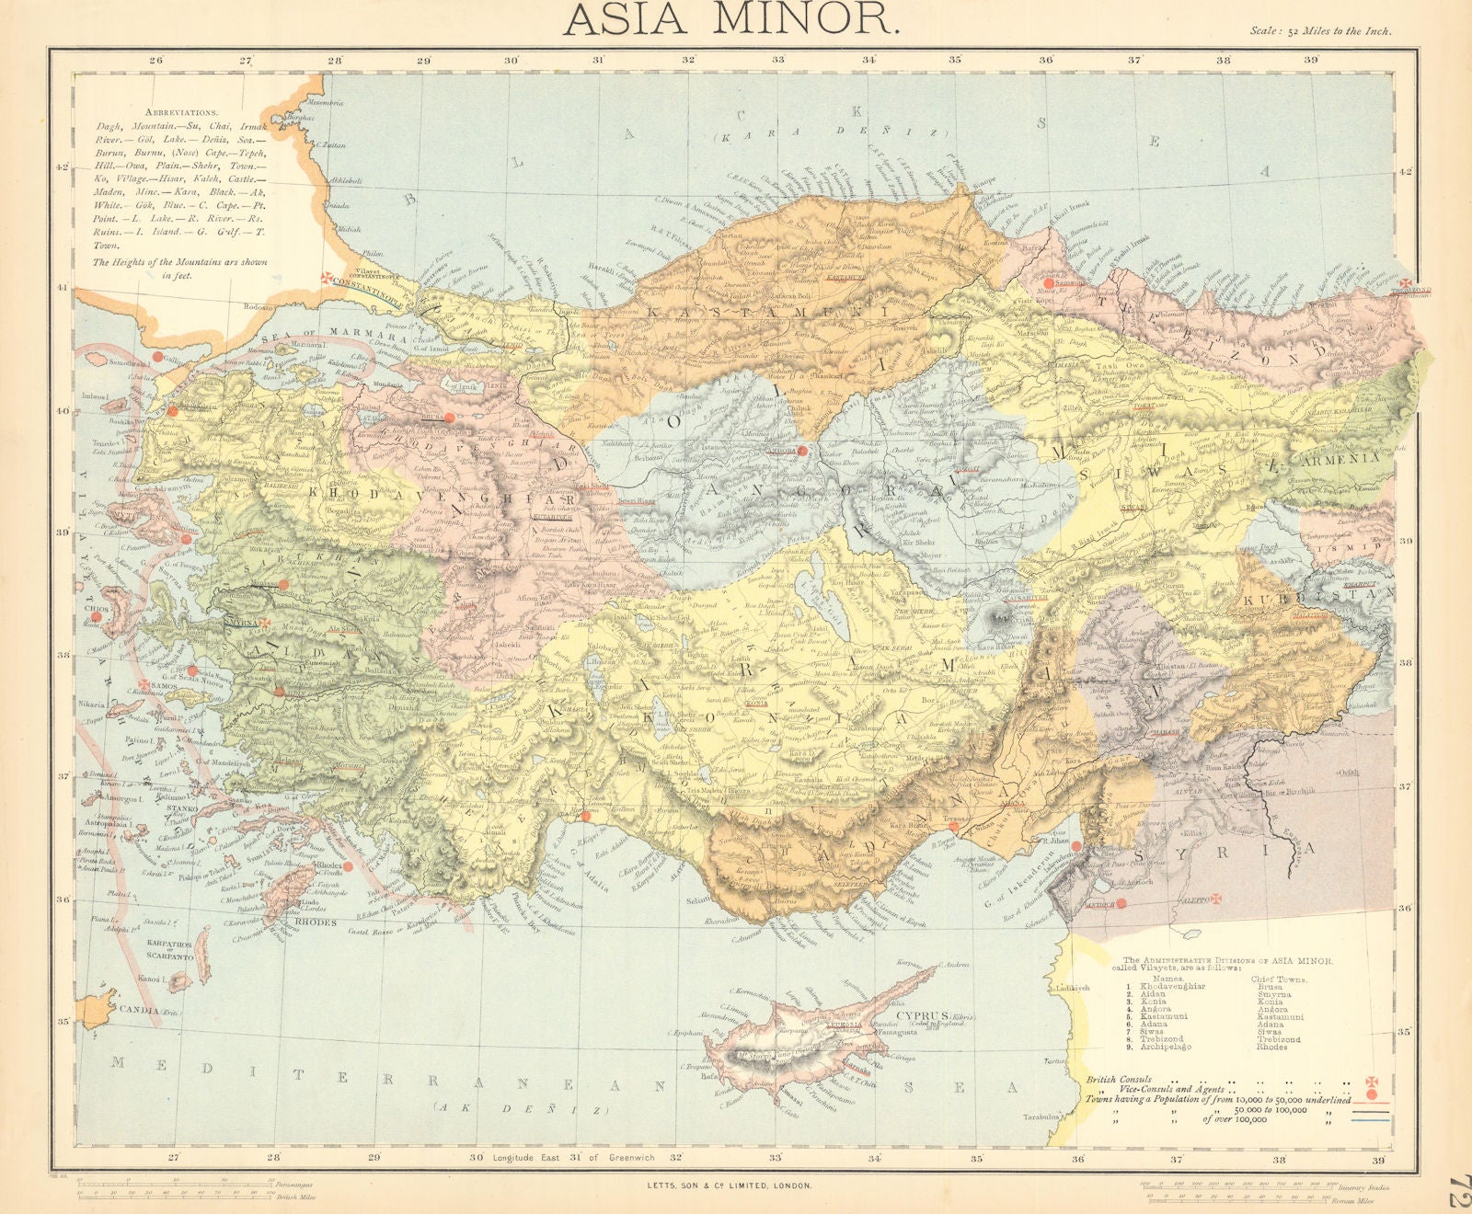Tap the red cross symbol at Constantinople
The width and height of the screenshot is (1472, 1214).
coord(328,279)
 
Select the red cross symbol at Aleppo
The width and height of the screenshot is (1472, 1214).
coord(1214,895)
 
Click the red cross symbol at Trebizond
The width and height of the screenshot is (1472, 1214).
coord(1406,285)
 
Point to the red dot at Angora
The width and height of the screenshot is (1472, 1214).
coord(802,451)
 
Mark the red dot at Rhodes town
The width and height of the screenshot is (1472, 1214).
coord(348,866)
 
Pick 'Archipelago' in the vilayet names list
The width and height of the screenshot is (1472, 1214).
coord(1166,1047)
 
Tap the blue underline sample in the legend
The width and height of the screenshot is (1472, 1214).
coord(1370,1120)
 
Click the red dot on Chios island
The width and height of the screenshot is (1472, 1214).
coord(97,617)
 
